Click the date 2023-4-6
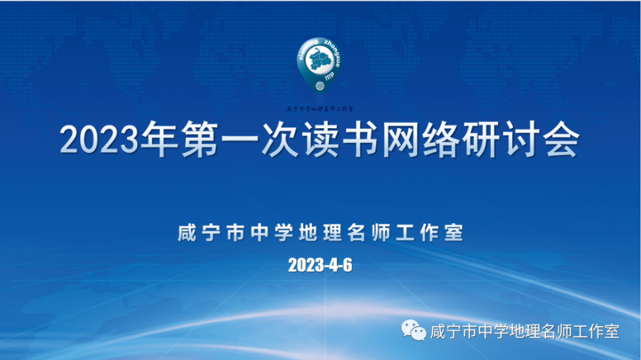tap(320, 265)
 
